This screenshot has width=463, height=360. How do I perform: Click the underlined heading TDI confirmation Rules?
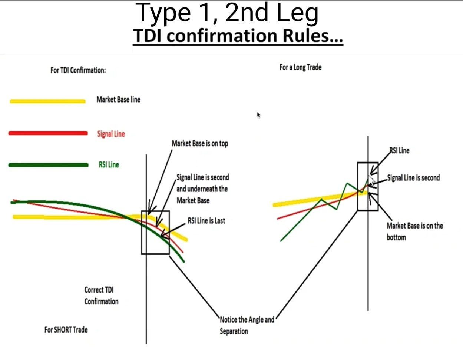(x=238, y=36)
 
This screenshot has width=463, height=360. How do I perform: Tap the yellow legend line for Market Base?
(x=47, y=101)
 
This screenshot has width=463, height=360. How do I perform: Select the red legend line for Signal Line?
(x=48, y=133)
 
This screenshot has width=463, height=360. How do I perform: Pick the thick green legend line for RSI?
(x=48, y=165)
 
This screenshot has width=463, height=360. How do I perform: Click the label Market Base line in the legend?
(x=118, y=100)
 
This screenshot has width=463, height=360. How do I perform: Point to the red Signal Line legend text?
(x=111, y=134)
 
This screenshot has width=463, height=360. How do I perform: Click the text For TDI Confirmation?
(x=78, y=70)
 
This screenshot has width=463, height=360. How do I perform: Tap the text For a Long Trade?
(x=300, y=67)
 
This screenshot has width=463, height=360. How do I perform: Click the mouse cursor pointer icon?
(x=258, y=115)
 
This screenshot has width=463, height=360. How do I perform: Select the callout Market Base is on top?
(x=200, y=144)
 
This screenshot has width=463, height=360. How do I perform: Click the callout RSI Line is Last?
(x=206, y=221)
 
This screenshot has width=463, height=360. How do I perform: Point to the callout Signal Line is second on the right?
(x=413, y=178)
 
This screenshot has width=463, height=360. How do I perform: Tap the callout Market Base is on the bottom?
(x=414, y=231)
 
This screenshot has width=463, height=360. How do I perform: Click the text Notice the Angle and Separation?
(x=247, y=325)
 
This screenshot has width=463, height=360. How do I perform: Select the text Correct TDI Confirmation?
(x=101, y=296)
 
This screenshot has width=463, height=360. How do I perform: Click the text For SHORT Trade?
(x=66, y=330)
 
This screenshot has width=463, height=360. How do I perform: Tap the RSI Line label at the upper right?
(x=399, y=150)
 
